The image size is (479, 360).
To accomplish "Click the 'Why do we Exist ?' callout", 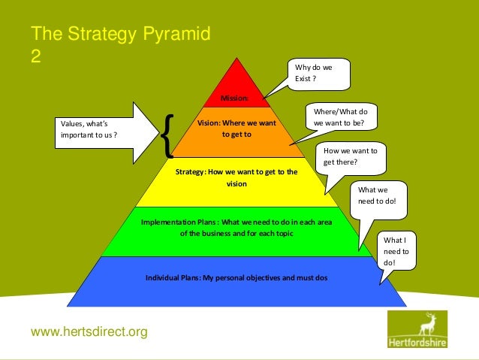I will pos(319,74).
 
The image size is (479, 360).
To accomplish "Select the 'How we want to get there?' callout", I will pos(350,156).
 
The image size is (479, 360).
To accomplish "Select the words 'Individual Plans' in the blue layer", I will pos(172,278).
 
